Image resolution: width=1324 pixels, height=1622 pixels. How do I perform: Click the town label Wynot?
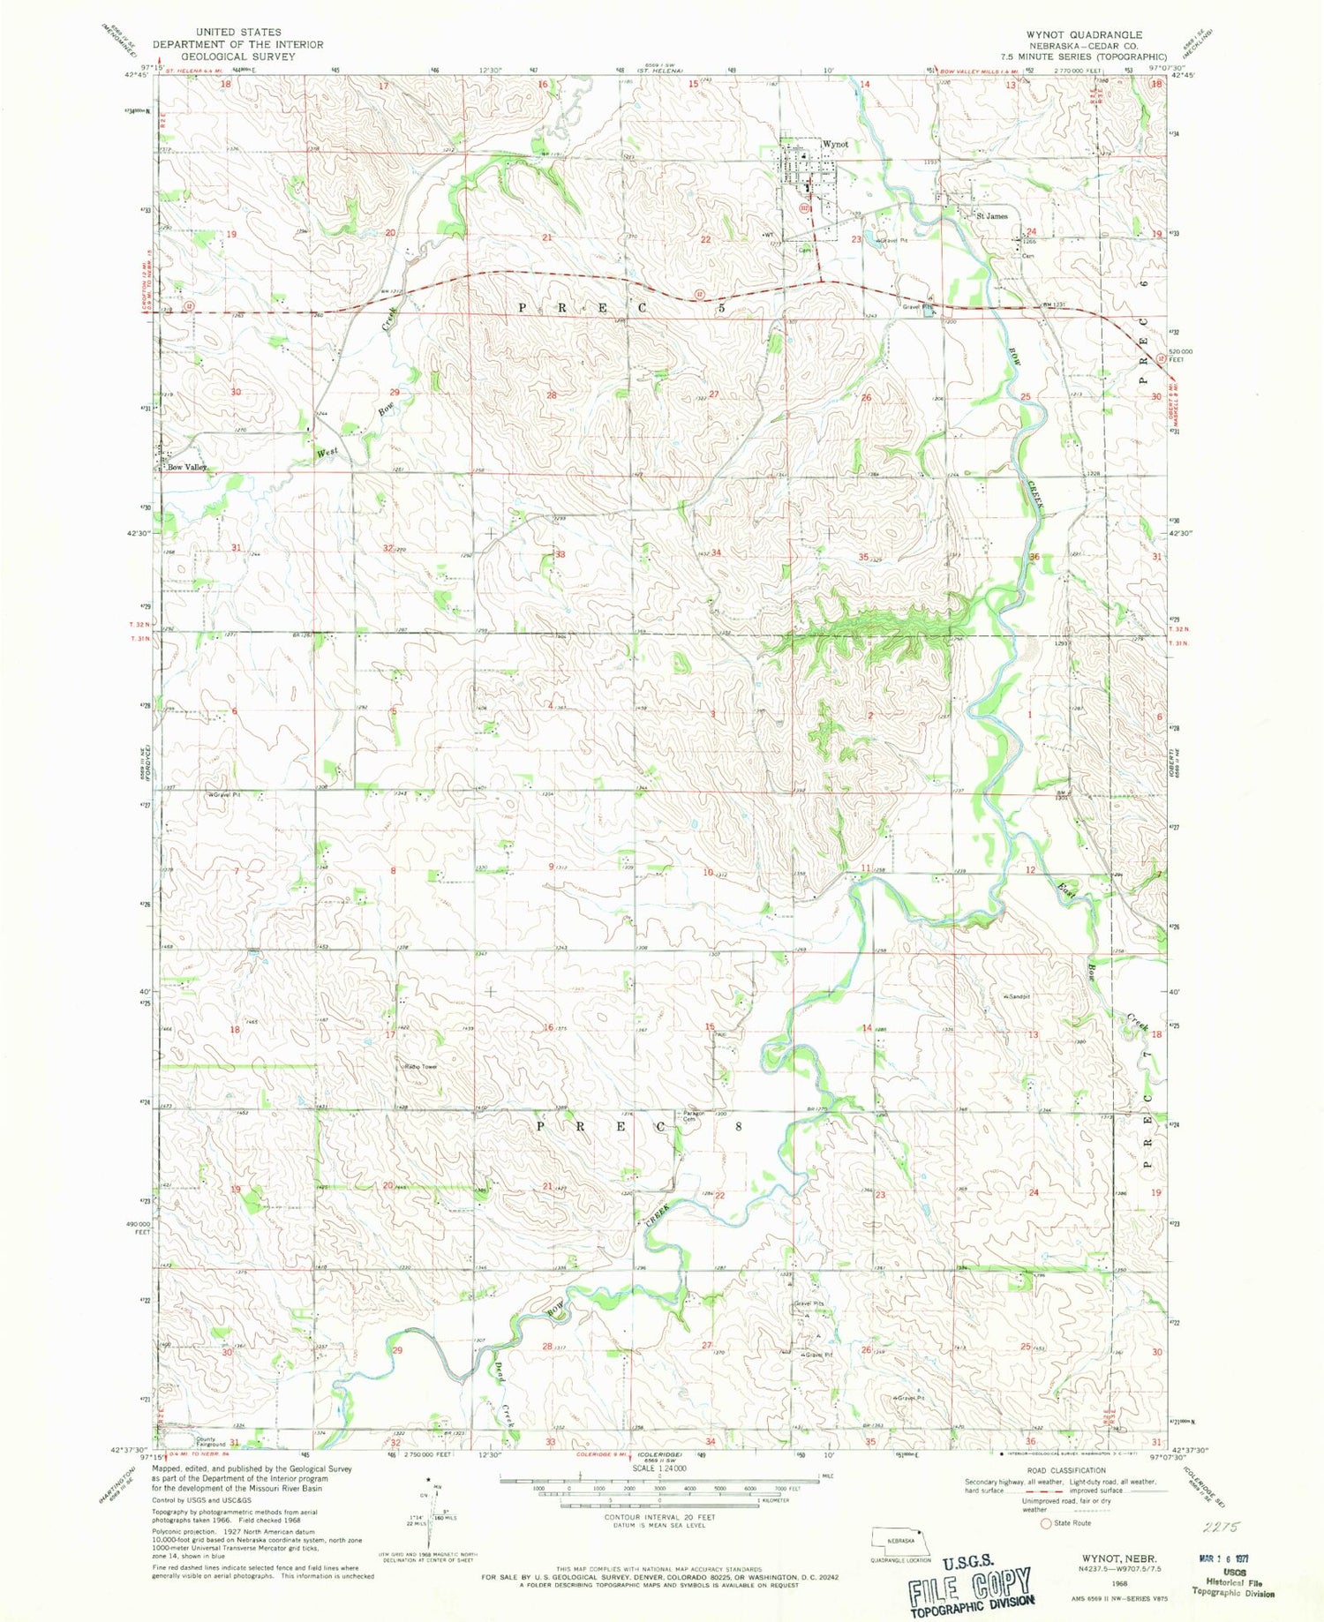[x=834, y=144]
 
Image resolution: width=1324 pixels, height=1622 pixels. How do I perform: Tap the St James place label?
[x=990, y=216]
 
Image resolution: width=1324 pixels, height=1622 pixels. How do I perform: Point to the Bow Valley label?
[x=186, y=468]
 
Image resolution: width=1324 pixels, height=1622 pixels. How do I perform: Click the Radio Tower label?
[x=421, y=1067]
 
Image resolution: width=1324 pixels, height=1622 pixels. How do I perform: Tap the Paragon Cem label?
[x=693, y=1116]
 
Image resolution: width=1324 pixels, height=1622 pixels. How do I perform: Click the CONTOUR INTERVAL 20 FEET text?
[x=659, y=1518]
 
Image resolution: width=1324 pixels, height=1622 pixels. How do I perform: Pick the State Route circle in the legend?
[x=1047, y=1522]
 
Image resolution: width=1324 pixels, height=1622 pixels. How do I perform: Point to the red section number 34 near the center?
[x=716, y=553]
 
